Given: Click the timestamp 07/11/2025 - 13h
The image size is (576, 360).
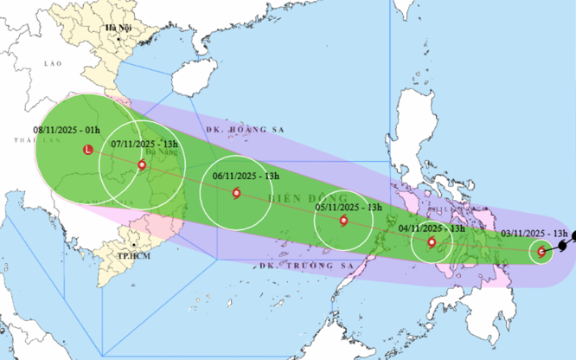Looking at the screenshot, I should coord(145,144).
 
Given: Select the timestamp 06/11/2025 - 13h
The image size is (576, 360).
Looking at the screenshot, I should coord(246,176).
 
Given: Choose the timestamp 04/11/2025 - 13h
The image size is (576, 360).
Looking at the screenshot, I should coord(432,228).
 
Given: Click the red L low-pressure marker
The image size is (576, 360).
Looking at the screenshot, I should coord(86,151).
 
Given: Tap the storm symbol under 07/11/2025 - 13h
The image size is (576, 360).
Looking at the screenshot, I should coord(142,164).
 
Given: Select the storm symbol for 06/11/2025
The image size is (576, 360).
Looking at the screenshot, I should coord(236,193).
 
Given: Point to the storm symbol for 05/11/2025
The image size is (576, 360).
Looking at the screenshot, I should coord(344,222).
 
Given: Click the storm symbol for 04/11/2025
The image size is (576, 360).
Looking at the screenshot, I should coord(432,241).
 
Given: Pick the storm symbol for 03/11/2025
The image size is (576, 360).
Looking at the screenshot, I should coord(541,252).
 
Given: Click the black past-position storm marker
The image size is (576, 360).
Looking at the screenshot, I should coord(563,246).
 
